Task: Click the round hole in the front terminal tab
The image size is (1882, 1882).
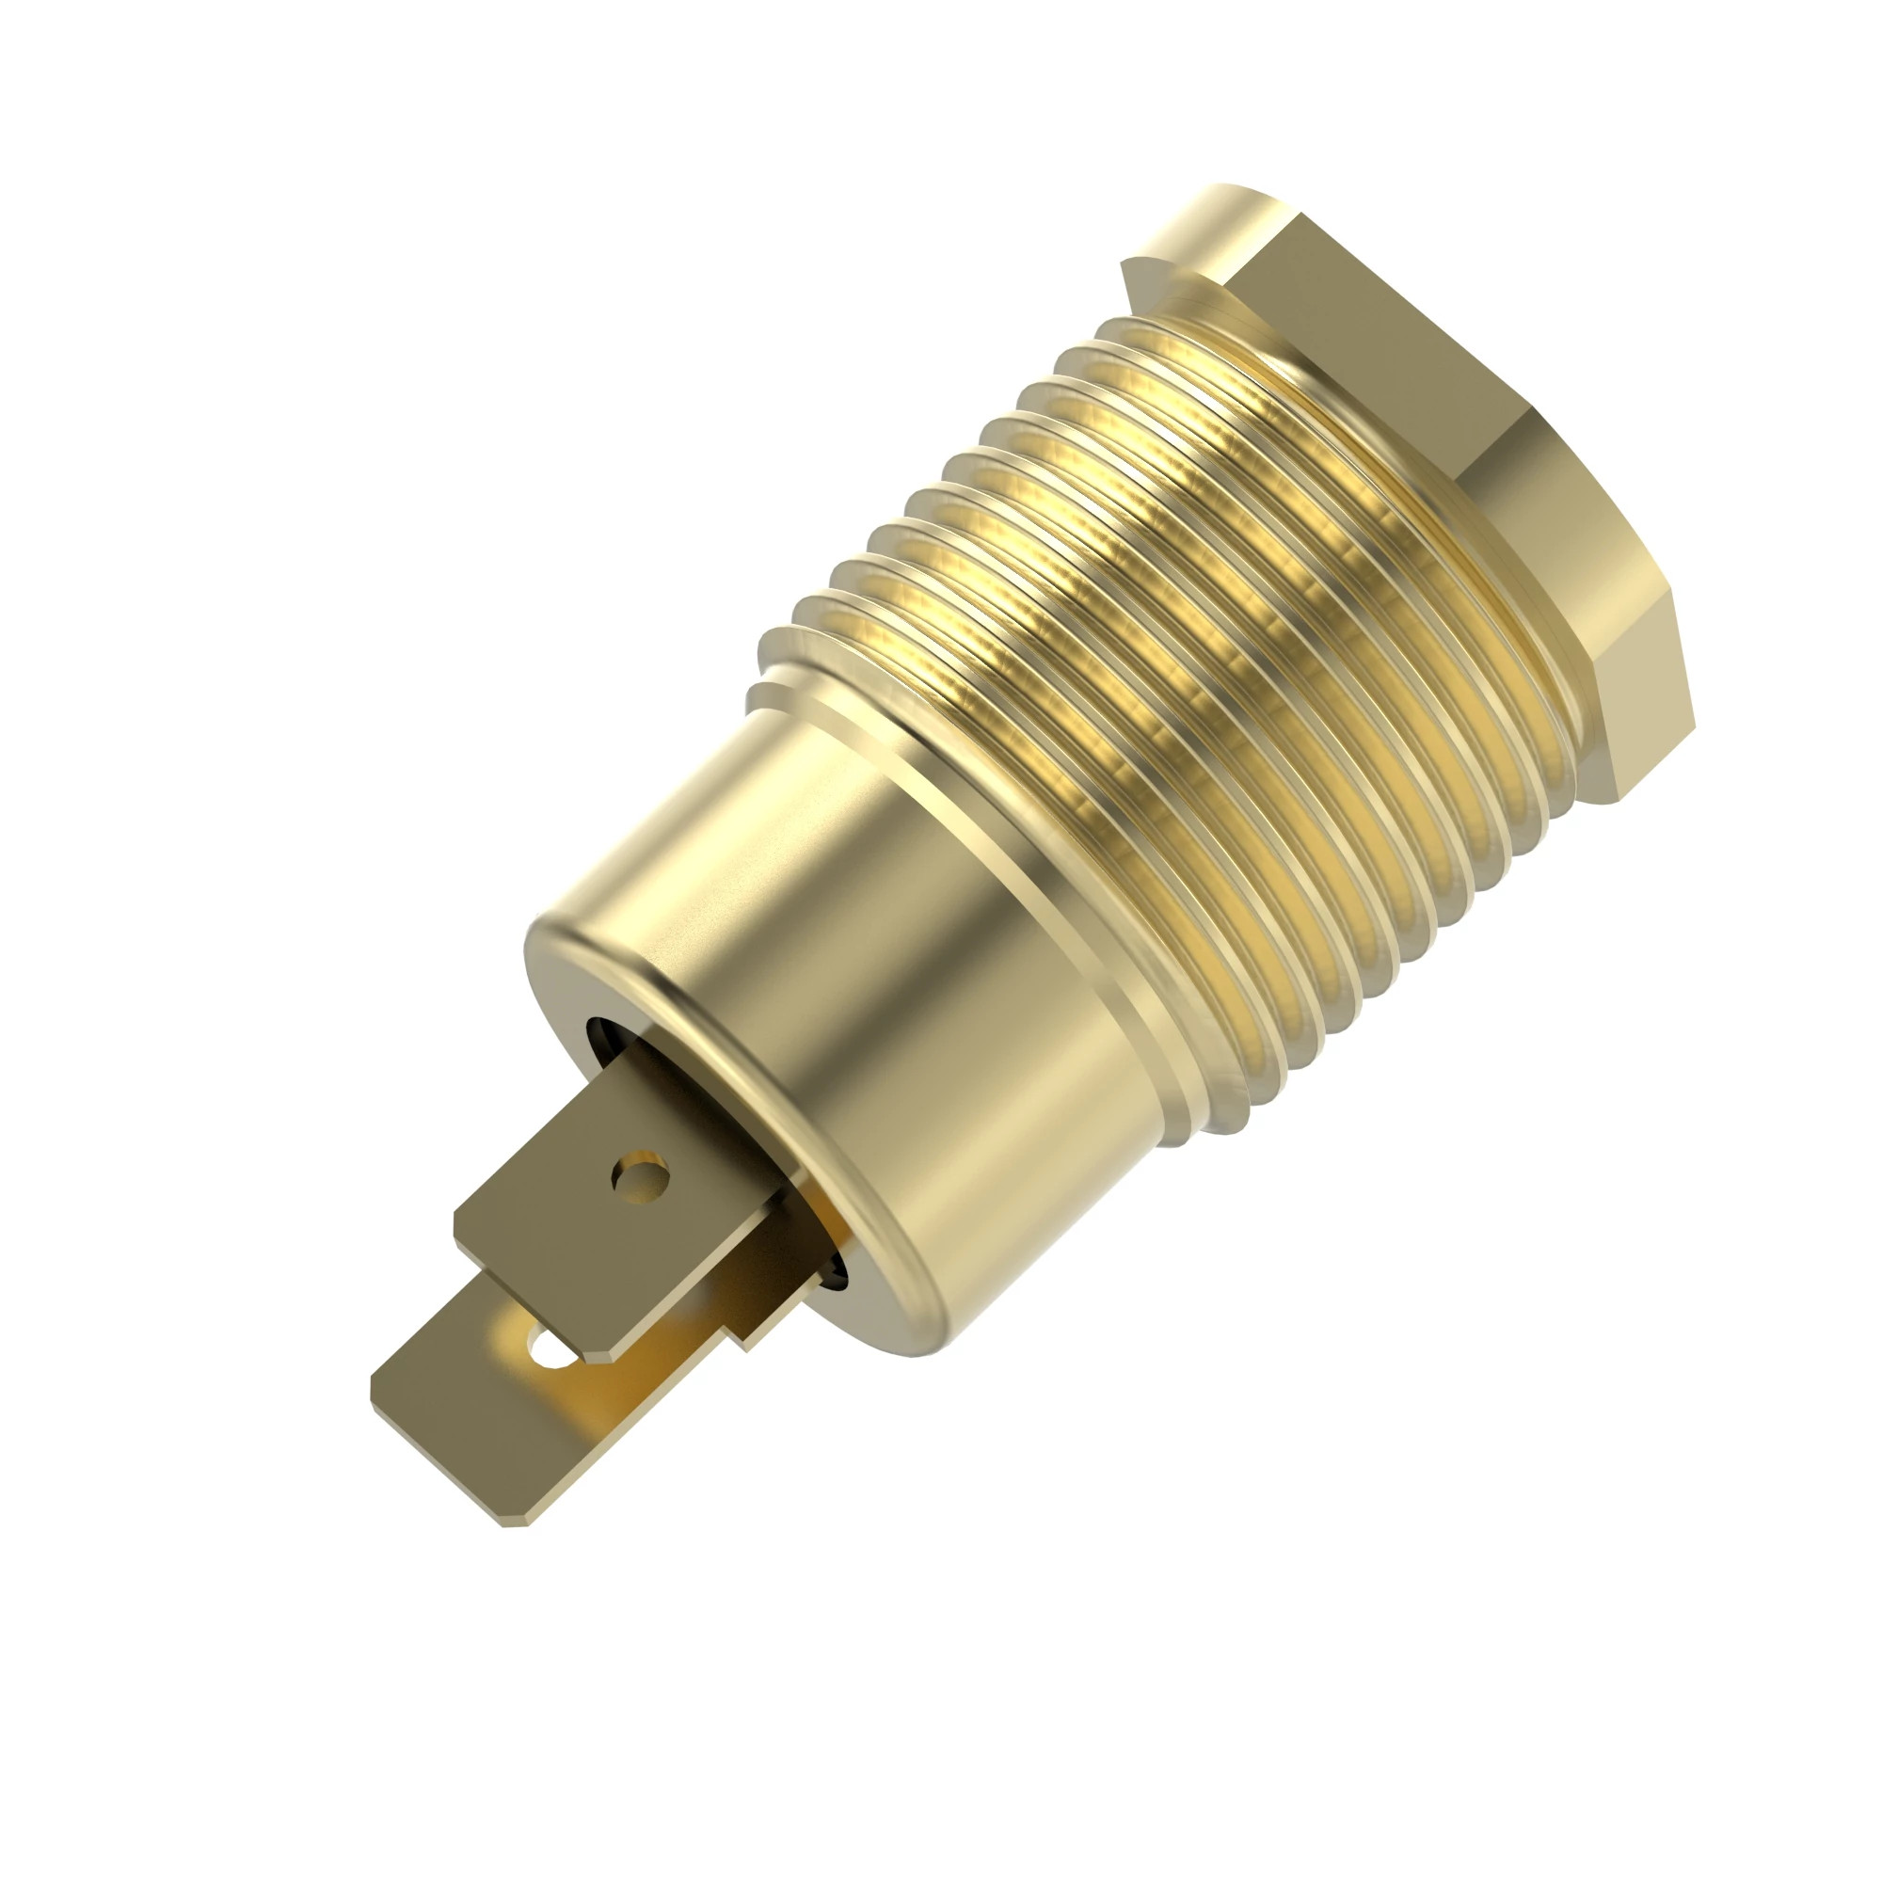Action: [640, 1180]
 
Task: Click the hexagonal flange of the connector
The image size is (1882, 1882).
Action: [1461, 439]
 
